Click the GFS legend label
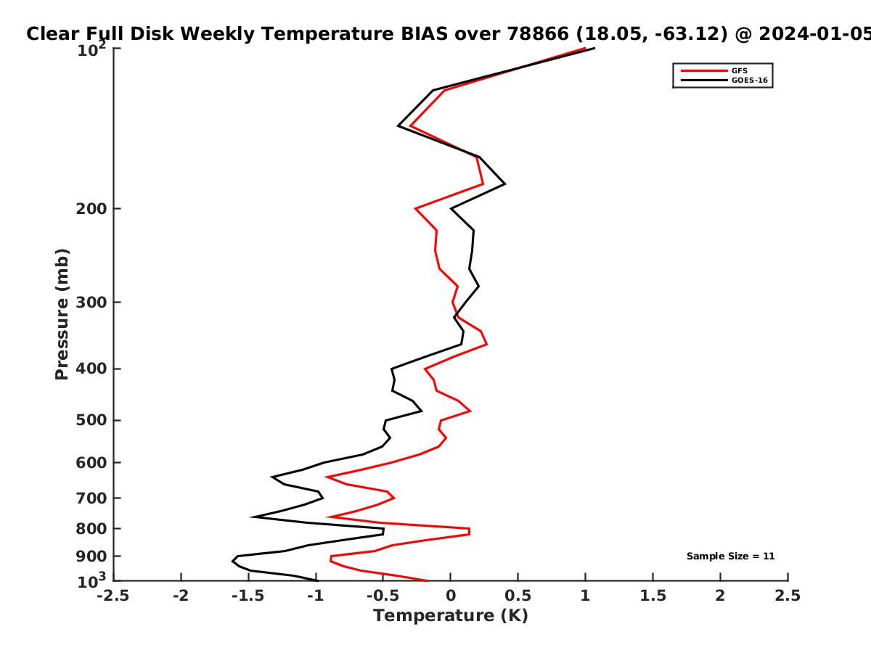click(x=739, y=71)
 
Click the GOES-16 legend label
click(x=750, y=81)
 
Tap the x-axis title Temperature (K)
click(x=451, y=616)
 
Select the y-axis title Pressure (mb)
click(x=62, y=314)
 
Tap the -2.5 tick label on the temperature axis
click(x=113, y=596)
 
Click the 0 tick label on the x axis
click(x=451, y=596)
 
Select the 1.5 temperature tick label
click(x=653, y=596)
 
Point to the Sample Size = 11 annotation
click(x=730, y=557)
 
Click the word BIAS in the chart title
click(x=424, y=34)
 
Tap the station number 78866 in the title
click(x=538, y=34)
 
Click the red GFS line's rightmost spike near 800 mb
click(x=470, y=531)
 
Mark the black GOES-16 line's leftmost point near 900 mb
click(x=232, y=561)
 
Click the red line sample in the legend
click(x=704, y=71)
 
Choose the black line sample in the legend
click(x=704, y=81)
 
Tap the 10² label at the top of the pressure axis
click(x=91, y=49)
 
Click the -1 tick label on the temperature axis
click(x=316, y=596)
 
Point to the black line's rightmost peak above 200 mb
click(x=504, y=184)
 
